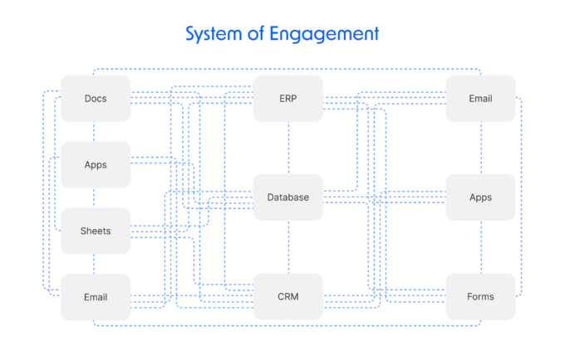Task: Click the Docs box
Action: pos(96,99)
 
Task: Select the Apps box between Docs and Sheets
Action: pos(96,164)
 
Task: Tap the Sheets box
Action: pos(96,231)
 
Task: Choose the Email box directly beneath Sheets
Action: pos(96,297)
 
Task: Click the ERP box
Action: pos(288,99)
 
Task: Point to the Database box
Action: pos(288,198)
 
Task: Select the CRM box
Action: pos(288,297)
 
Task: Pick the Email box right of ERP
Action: pos(480,99)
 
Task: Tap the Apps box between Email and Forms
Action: pos(480,198)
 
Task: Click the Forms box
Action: pos(480,297)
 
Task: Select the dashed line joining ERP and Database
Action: pos(288,148)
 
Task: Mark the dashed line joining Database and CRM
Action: pos(288,247)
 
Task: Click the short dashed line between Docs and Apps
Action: pos(94,131)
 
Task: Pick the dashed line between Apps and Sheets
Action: pos(94,198)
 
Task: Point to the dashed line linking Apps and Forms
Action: pos(481,247)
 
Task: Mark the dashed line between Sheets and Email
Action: pos(94,264)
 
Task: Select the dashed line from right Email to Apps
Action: pos(481,148)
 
